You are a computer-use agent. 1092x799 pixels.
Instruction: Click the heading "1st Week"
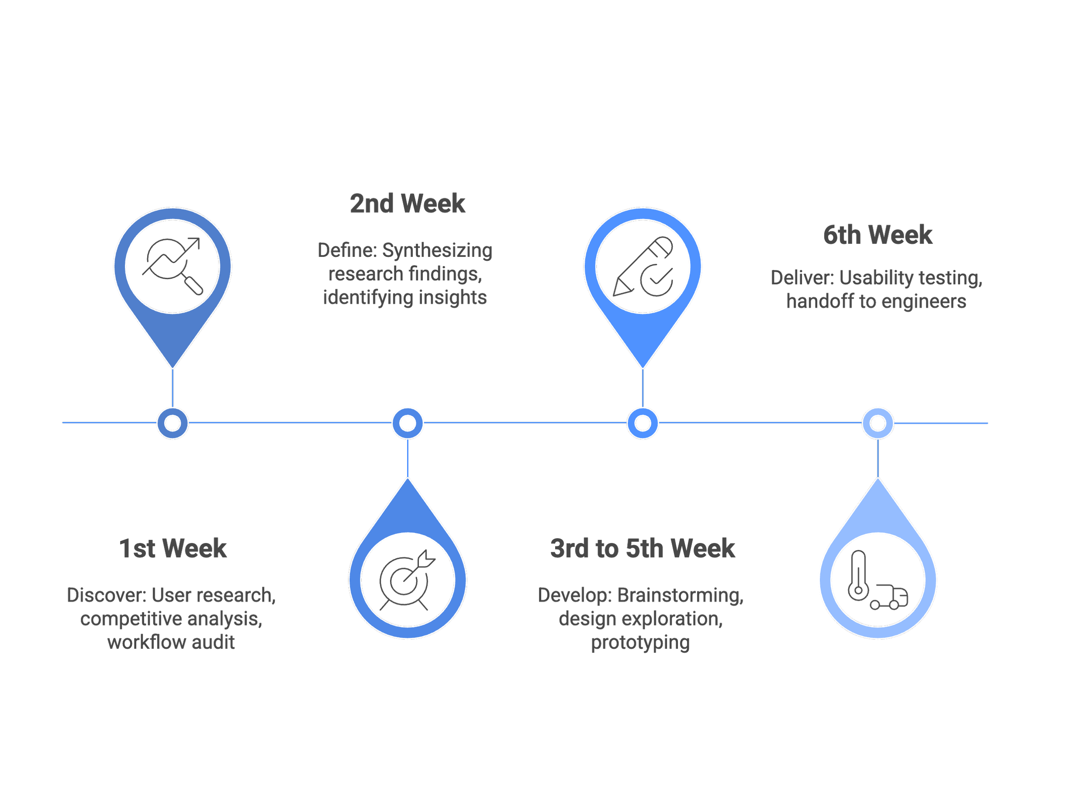173,549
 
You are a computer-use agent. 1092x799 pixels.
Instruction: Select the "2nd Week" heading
407,204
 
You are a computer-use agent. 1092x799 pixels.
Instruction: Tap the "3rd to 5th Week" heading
642,549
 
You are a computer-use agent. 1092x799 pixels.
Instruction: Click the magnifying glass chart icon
173,266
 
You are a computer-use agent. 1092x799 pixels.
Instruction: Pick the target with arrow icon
407,579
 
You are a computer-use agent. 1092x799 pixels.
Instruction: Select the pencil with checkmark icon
643,266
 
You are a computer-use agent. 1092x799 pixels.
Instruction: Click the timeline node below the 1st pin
173,423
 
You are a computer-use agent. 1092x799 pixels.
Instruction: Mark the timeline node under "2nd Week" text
407,423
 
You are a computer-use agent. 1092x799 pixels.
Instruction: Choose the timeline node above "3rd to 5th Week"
642,423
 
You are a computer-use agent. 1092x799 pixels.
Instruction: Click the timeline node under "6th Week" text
878,423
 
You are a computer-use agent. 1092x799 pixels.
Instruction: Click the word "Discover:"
107,595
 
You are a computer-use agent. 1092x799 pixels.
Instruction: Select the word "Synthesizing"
437,251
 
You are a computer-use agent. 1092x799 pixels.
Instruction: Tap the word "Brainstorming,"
680,595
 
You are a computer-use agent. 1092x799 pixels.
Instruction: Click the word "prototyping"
640,643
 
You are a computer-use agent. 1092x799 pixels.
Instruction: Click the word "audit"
213,642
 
